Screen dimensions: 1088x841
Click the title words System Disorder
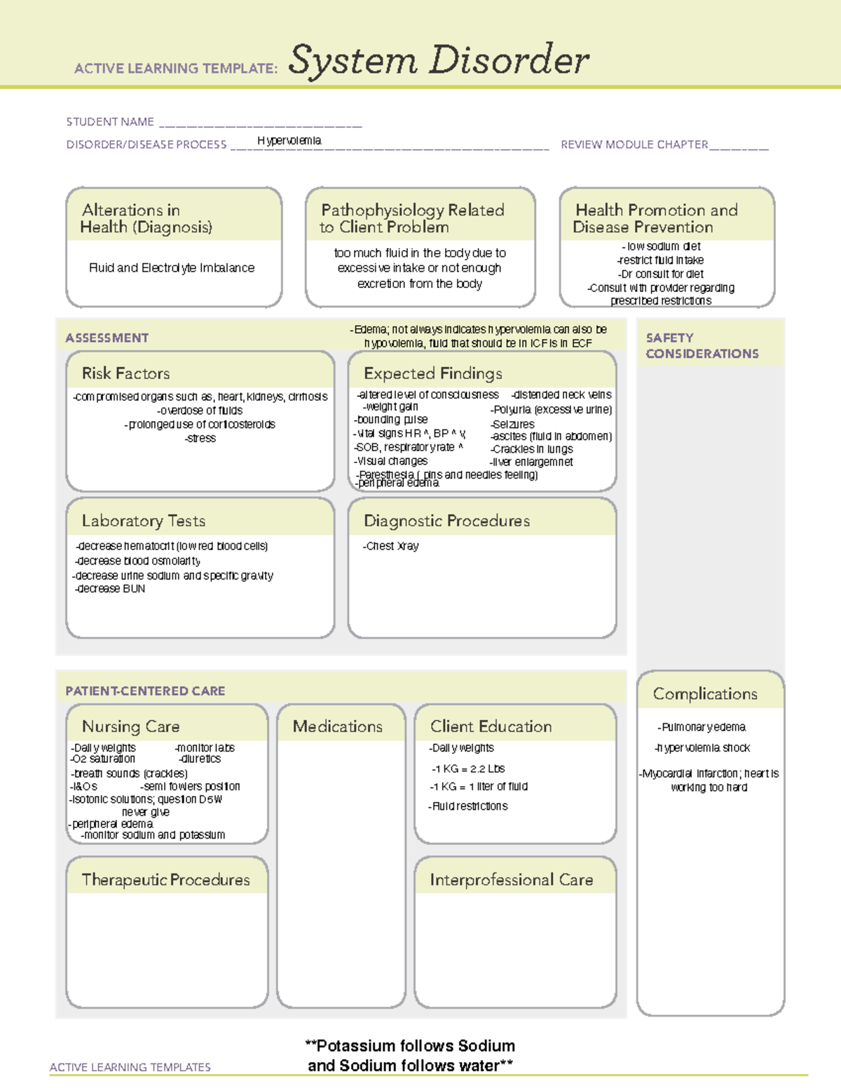click(x=438, y=60)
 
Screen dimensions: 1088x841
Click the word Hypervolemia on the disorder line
click(x=289, y=141)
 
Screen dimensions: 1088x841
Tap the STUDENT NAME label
click(x=110, y=122)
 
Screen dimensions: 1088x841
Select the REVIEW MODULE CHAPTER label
click(x=634, y=144)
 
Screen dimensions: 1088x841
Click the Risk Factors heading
click(x=125, y=373)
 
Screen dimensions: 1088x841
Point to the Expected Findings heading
click(x=432, y=373)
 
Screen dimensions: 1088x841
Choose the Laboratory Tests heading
click(x=143, y=521)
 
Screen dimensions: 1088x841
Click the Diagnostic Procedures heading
click(x=446, y=521)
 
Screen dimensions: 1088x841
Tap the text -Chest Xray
click(x=390, y=546)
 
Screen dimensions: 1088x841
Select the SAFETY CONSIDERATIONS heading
click(x=702, y=345)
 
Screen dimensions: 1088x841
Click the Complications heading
click(x=705, y=694)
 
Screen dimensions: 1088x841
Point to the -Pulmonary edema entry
click(x=702, y=727)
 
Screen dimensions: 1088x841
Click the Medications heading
click(x=338, y=727)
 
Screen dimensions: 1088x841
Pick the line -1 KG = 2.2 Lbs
click(x=467, y=769)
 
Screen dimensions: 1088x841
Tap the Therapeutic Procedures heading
click(x=165, y=879)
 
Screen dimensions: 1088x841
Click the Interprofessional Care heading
click(x=511, y=879)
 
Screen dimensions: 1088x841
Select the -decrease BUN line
click(x=110, y=589)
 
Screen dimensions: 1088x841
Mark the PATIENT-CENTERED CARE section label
click(x=145, y=691)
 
